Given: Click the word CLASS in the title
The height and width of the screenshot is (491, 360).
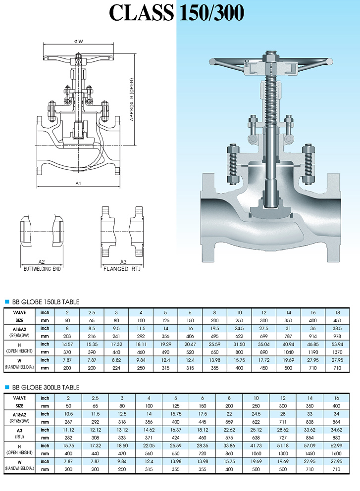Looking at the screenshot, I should pyautogui.click(x=141, y=13).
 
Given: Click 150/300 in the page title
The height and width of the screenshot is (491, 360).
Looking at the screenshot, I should pyautogui.click(x=210, y=13).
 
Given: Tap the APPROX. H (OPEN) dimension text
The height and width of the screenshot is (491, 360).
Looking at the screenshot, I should pyautogui.click(x=132, y=99).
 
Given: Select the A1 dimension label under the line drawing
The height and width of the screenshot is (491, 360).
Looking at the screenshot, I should pyautogui.click(x=78, y=183).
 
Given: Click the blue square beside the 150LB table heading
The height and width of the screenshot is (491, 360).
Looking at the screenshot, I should pyautogui.click(x=7, y=301).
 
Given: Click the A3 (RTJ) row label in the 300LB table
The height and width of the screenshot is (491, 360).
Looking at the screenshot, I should pyautogui.click(x=19, y=433).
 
